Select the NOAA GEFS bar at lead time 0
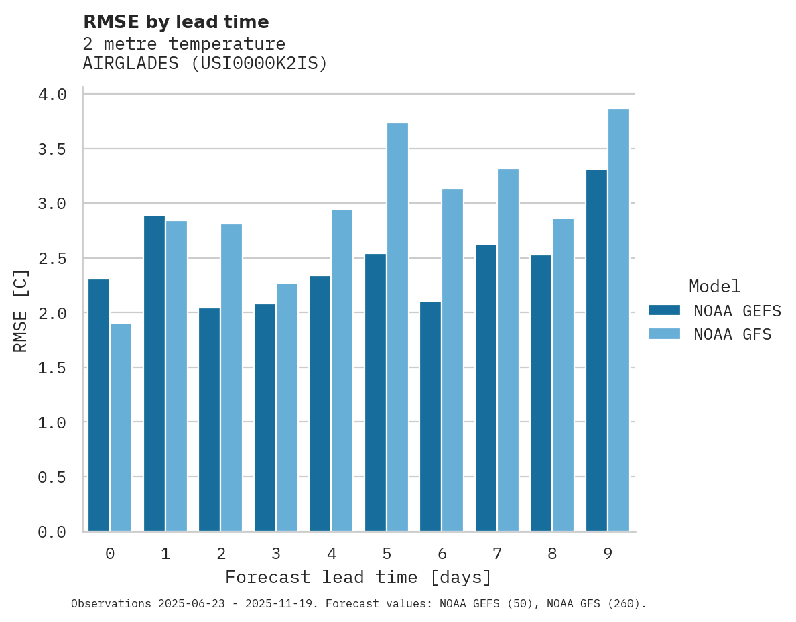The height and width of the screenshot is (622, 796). coord(98,405)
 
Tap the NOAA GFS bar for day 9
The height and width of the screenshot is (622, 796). coord(618,320)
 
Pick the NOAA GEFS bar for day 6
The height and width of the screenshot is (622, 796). coord(430,416)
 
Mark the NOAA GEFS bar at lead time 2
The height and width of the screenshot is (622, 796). coord(209,420)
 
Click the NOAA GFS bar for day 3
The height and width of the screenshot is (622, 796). coord(287,407)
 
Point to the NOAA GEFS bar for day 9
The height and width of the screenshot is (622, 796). coord(596,350)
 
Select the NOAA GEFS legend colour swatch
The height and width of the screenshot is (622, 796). coord(664,310)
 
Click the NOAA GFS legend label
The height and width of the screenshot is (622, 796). coord(732,334)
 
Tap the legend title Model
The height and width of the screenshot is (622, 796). coord(714,287)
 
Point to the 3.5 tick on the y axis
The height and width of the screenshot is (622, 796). coord(52,149)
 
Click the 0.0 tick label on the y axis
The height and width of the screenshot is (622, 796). coord(52,532)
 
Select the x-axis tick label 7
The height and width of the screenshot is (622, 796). coord(497,554)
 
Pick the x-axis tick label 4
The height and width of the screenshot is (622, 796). coord(332,554)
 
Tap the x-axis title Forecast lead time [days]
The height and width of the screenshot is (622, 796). coord(358,577)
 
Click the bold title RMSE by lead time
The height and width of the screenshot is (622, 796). coord(176,22)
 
